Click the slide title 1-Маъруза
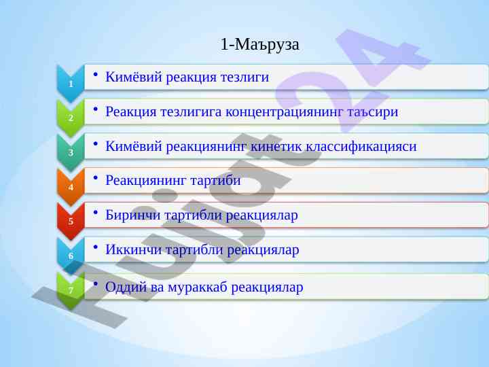(259, 44)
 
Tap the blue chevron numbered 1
(71, 84)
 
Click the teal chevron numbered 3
(71, 152)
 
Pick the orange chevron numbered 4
(71, 187)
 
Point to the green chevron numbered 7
(71, 290)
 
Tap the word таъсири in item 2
(373, 112)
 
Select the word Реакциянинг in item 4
(146, 180)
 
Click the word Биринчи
(133, 215)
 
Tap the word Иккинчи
(134, 249)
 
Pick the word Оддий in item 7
(126, 287)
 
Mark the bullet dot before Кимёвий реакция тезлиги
(96, 75)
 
